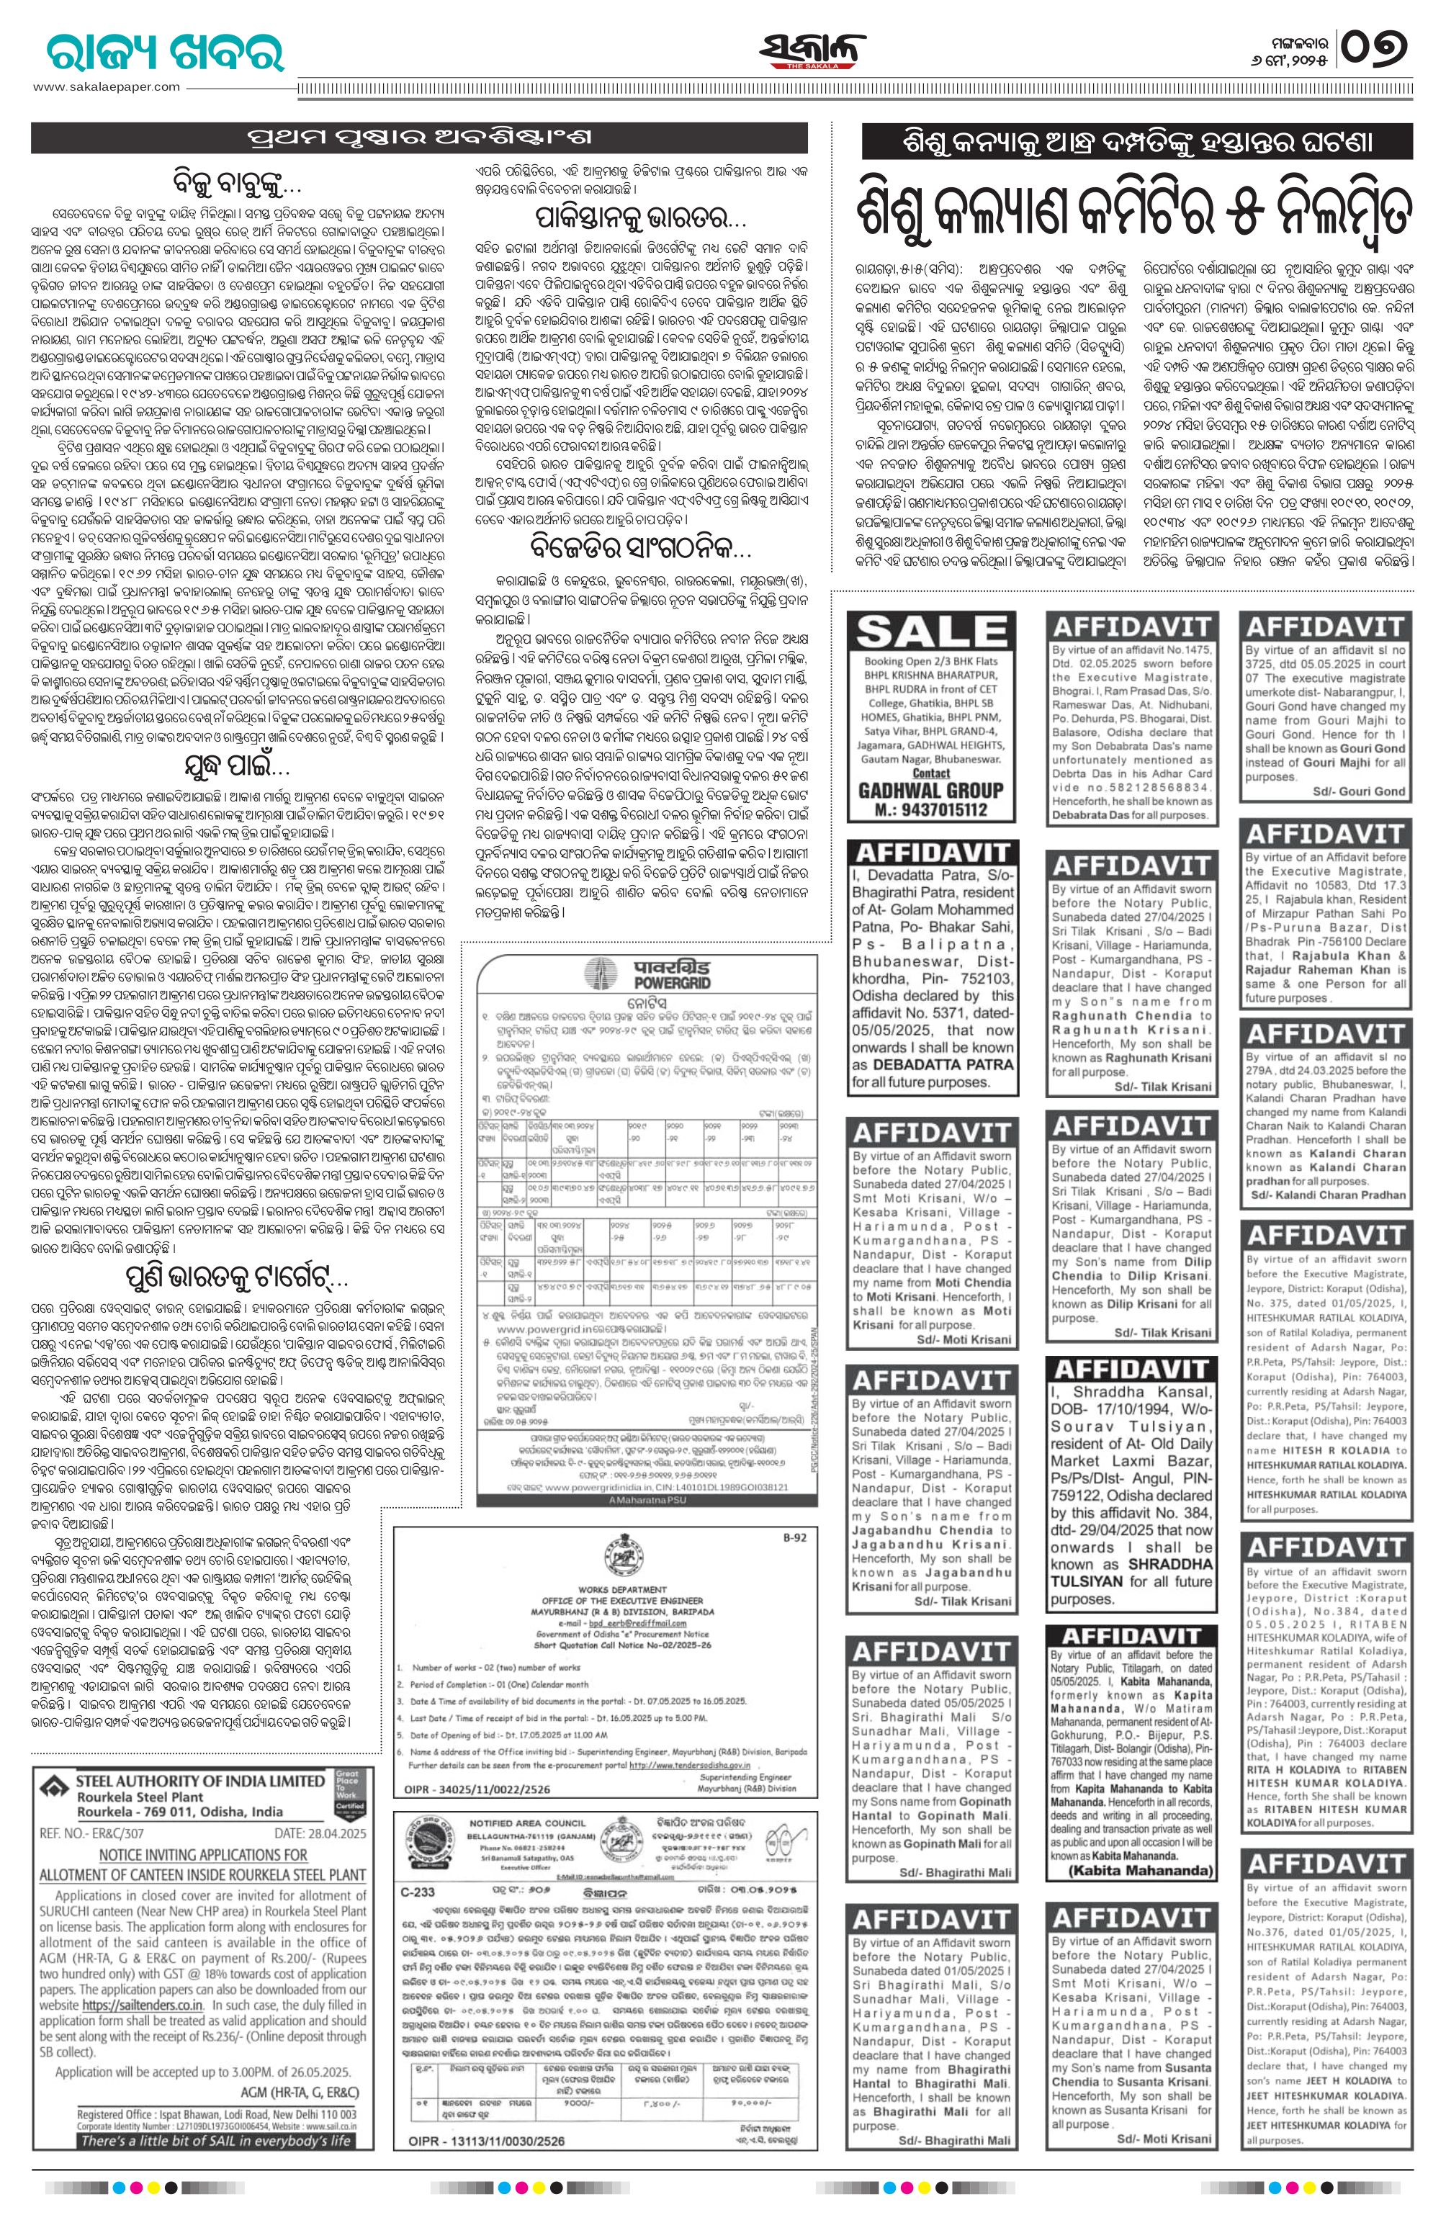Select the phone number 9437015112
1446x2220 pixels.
coord(935,809)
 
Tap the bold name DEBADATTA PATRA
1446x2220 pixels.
coord(929,1064)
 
